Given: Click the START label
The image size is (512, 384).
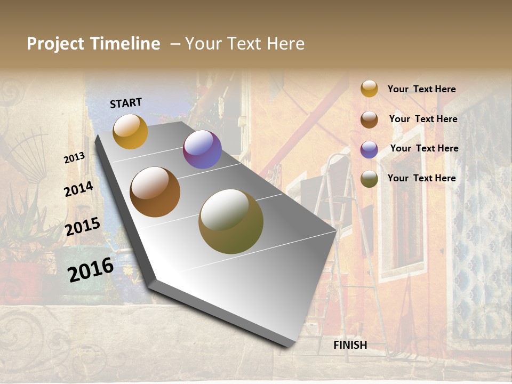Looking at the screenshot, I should pos(126,103).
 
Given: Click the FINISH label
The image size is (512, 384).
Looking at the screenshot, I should pos(350,345).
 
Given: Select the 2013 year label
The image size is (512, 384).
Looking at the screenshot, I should pos(75,158).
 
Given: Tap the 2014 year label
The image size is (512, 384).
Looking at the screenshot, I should pos(78,189).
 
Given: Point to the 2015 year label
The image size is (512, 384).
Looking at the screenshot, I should pos(83,227).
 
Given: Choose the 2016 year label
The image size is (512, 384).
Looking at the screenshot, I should pos(91,269).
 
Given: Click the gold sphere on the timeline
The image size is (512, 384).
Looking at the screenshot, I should pos(130,131).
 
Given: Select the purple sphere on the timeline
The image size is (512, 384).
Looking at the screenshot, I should pos(202,149).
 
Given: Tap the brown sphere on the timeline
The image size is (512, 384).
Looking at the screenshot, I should pos(155,192).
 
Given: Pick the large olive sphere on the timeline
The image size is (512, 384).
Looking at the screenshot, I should pos(231,221).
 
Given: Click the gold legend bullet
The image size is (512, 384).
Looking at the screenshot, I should pos(369,89).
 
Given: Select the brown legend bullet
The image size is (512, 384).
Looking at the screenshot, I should pos(369,119).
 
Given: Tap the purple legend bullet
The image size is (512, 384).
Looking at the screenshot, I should pos(369,149).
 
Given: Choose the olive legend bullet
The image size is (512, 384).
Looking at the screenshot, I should pos(369,179).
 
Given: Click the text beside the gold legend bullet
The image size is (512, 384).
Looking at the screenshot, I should pos(421,89).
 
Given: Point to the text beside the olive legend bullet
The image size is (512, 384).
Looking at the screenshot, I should pos(421,178).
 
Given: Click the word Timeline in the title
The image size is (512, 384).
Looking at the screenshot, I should pos(125,44).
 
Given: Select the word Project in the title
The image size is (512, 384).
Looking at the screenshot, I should pos(55,44).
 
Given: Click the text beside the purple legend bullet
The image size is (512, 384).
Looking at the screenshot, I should pos(424,148).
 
